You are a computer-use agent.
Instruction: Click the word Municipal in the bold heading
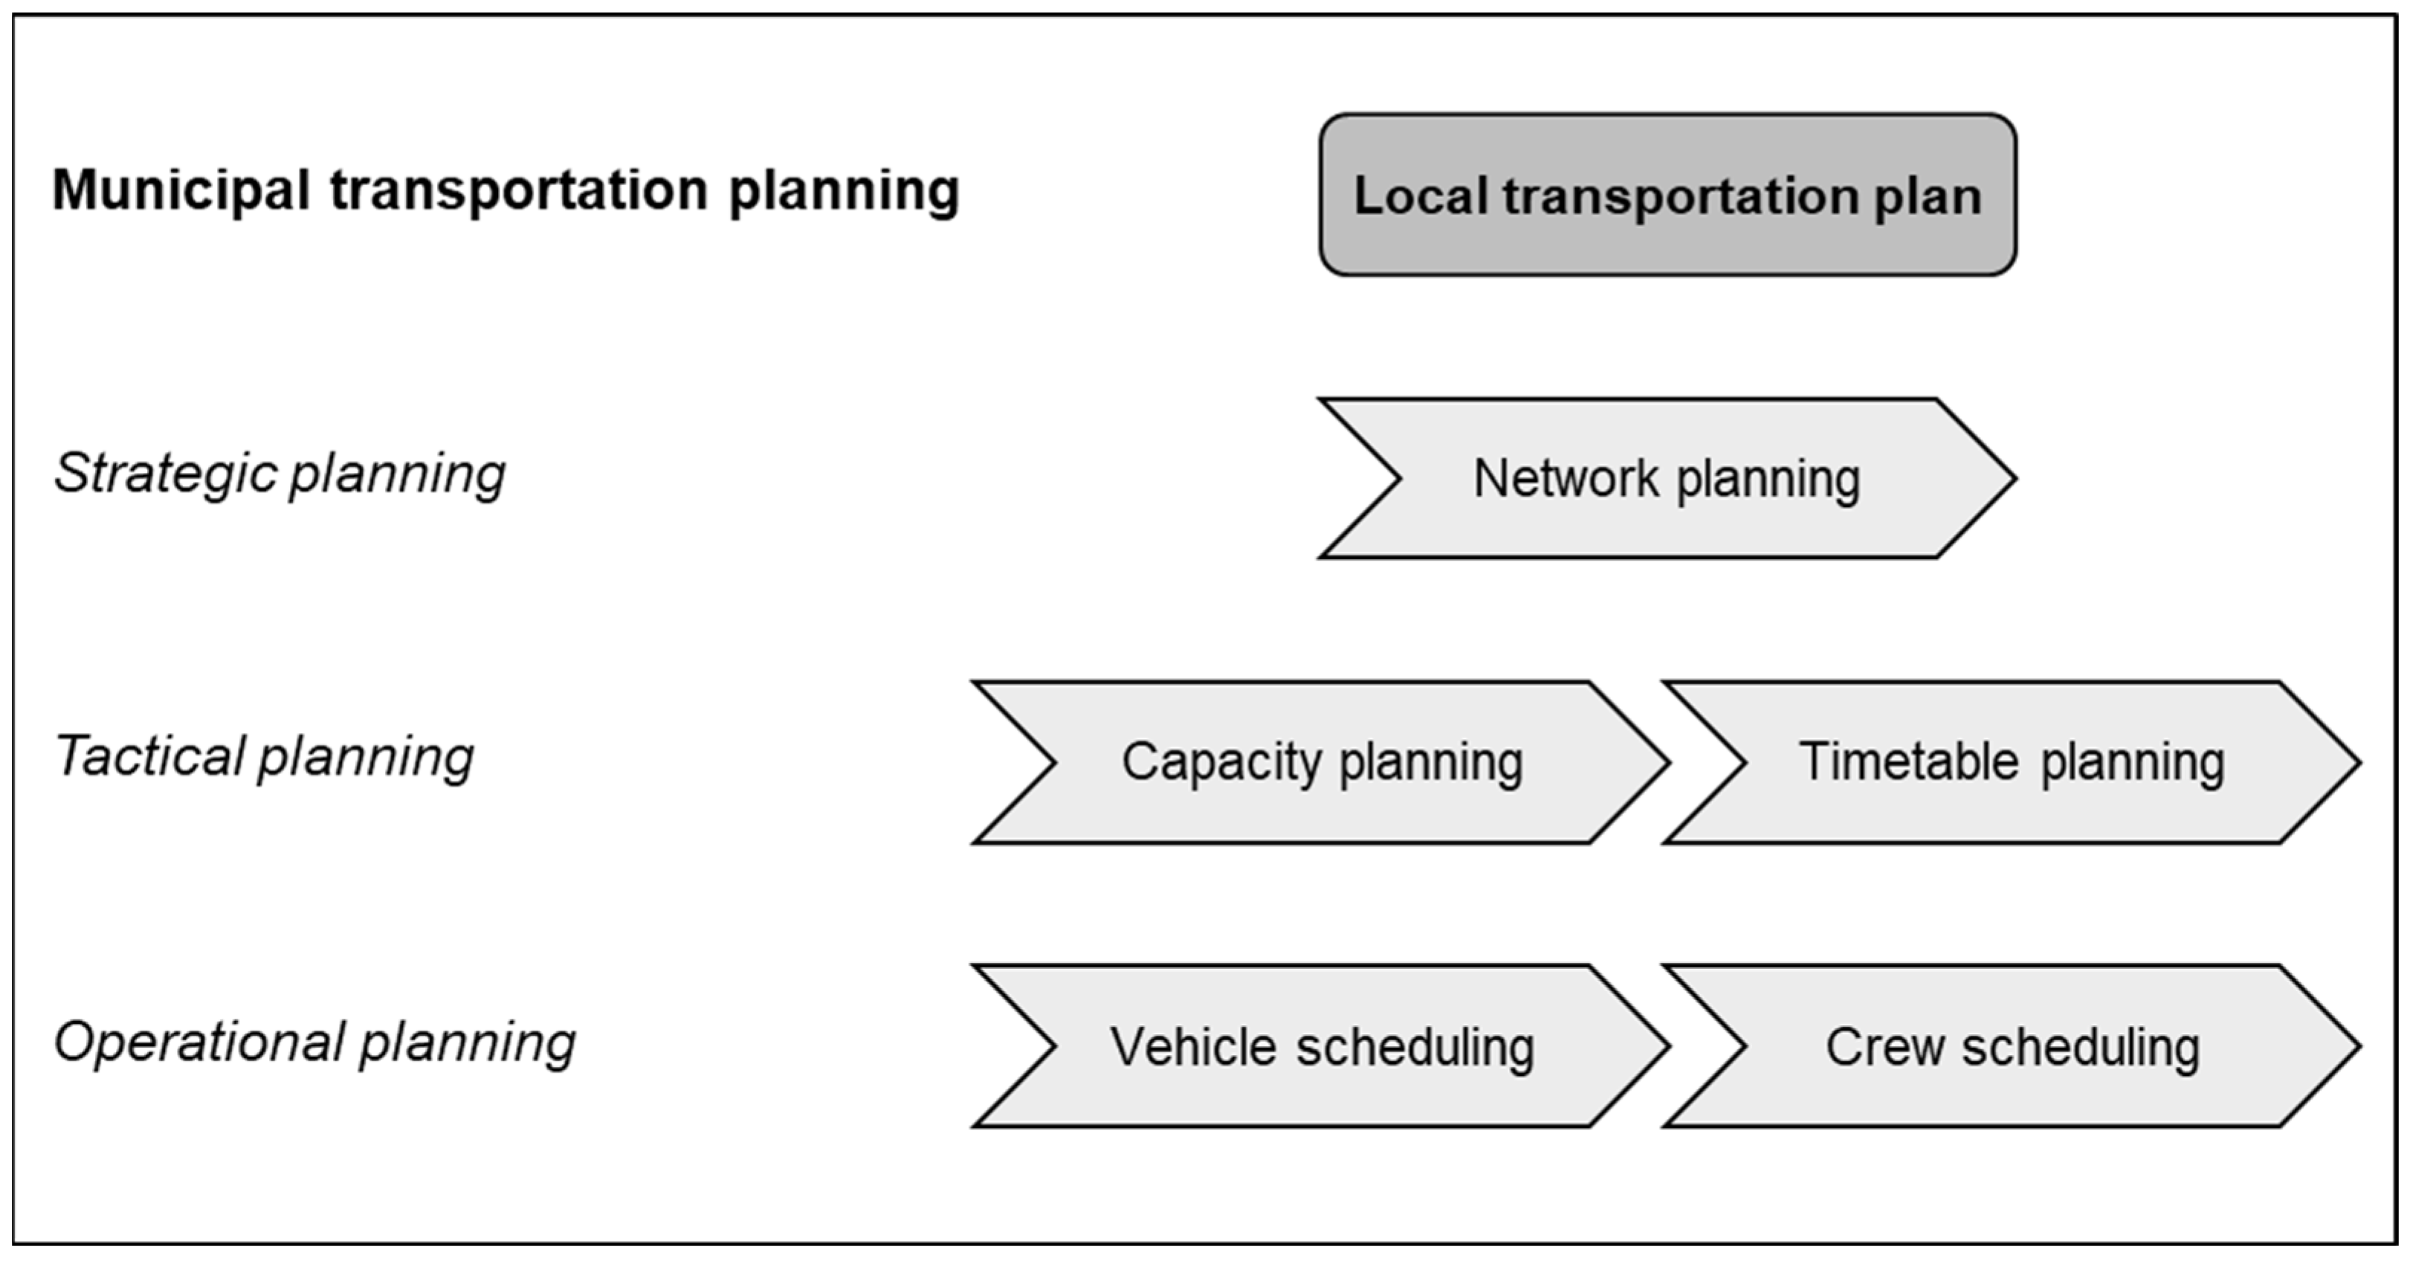[180, 191]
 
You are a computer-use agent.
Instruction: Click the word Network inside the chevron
[1566, 478]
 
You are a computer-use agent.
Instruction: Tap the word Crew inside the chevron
[1884, 1047]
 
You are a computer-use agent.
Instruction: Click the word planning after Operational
[468, 1044]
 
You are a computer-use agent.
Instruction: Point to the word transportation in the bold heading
[518, 191]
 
